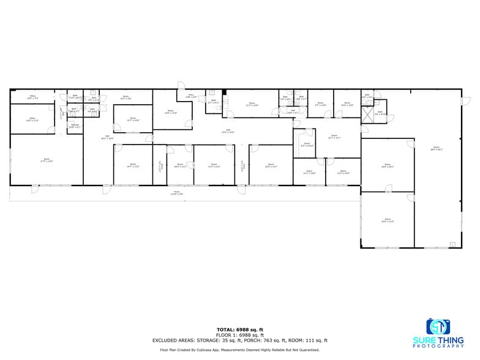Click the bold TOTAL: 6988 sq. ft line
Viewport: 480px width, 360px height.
[x=240, y=330]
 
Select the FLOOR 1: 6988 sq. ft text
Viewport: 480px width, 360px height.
[x=240, y=335]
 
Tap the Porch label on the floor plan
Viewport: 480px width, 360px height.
[x=177, y=193]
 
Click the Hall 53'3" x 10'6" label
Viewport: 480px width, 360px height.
[x=228, y=132]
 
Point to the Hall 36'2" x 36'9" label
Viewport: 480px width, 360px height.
[x=107, y=137]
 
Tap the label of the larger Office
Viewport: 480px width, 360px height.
[x=31, y=119]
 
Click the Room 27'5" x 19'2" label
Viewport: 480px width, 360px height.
[x=47, y=160]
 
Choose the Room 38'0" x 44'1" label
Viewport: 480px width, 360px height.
[x=437, y=148]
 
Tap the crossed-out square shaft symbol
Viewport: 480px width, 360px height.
[x=367, y=114]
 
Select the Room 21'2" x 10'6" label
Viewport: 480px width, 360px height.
[x=252, y=105]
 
